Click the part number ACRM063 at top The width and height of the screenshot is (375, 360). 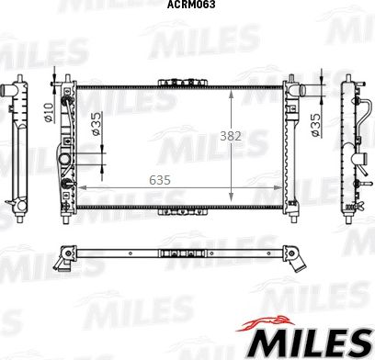[x=191, y=5]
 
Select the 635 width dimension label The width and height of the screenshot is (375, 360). [x=160, y=180]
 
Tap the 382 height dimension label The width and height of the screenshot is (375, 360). [x=231, y=136]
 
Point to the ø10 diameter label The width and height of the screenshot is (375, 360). [x=49, y=113]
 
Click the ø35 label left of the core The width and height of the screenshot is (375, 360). [x=96, y=124]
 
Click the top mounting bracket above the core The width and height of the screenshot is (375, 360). [x=183, y=83]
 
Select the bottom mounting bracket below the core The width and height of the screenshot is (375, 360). [x=183, y=211]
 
